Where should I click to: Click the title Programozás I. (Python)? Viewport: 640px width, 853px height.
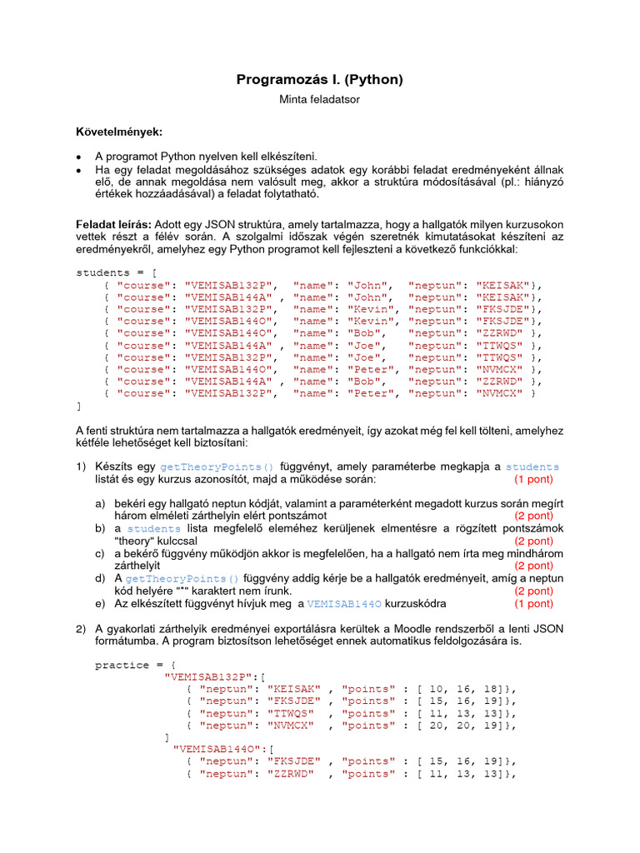click(319, 80)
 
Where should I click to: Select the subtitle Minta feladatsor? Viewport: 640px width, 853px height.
click(319, 99)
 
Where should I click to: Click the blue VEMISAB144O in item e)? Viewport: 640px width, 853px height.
click(339, 603)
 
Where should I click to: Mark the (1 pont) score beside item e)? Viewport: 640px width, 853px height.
click(532, 603)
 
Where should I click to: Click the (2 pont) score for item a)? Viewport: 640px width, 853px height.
click(532, 516)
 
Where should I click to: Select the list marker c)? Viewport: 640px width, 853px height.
click(100, 553)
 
